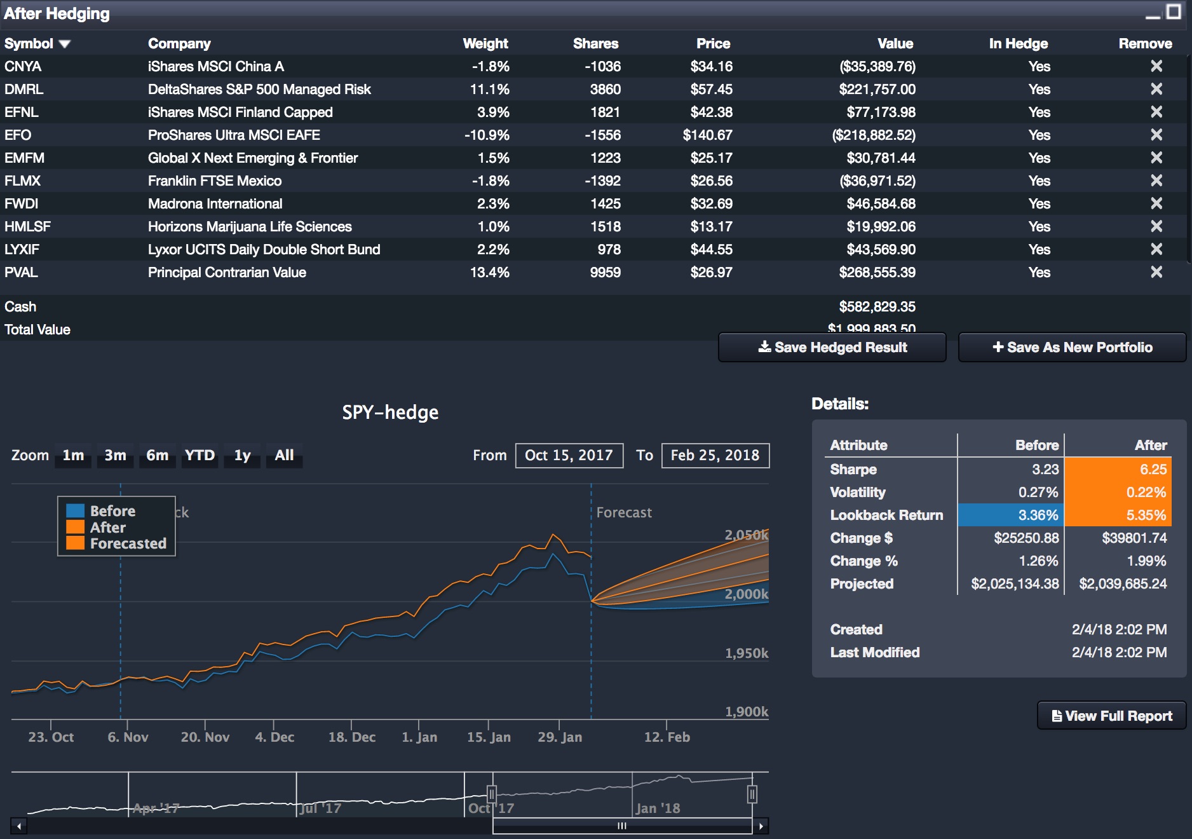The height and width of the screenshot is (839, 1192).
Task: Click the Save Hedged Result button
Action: tap(832, 347)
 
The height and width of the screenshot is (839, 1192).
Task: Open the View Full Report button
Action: tap(1111, 716)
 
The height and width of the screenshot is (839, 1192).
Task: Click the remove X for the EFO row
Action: tap(1156, 135)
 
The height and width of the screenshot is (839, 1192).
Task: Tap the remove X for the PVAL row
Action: tap(1156, 272)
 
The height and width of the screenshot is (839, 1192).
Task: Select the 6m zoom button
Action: tap(157, 455)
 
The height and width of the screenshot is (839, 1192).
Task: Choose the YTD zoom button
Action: tap(200, 455)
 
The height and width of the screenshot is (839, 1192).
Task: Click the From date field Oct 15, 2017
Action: tap(569, 455)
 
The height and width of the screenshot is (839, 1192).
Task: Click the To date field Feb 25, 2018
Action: tap(715, 455)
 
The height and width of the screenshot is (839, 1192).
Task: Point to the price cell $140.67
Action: tap(707, 135)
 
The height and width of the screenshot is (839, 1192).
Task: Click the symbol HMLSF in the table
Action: tap(27, 226)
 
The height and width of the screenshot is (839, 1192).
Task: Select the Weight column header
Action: tap(485, 43)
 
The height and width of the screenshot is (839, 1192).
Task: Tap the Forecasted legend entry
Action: tap(127, 543)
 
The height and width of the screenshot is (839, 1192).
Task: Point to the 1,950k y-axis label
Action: tap(746, 653)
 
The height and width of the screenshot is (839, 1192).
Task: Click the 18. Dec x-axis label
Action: tap(351, 737)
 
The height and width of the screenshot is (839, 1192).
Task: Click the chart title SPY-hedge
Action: tap(390, 412)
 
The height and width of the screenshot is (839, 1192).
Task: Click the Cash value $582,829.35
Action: tap(877, 306)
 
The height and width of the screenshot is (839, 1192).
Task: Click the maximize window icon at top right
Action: tap(1174, 11)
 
